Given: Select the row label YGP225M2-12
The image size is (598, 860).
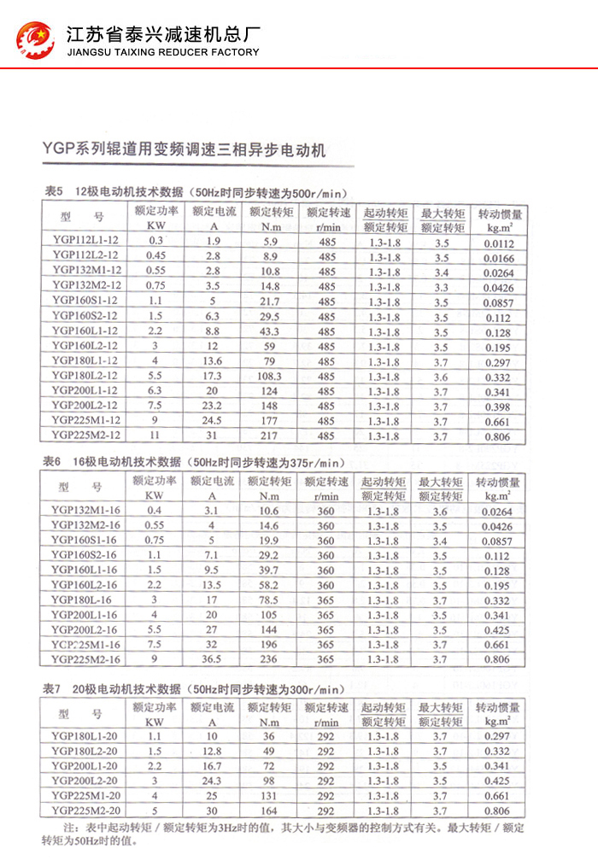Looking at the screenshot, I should pos(85,436).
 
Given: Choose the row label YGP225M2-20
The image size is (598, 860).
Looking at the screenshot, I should pos(85,810).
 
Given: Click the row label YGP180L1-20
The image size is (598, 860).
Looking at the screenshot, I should pos(85,735).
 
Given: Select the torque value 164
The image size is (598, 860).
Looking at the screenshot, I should pos(269,810).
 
